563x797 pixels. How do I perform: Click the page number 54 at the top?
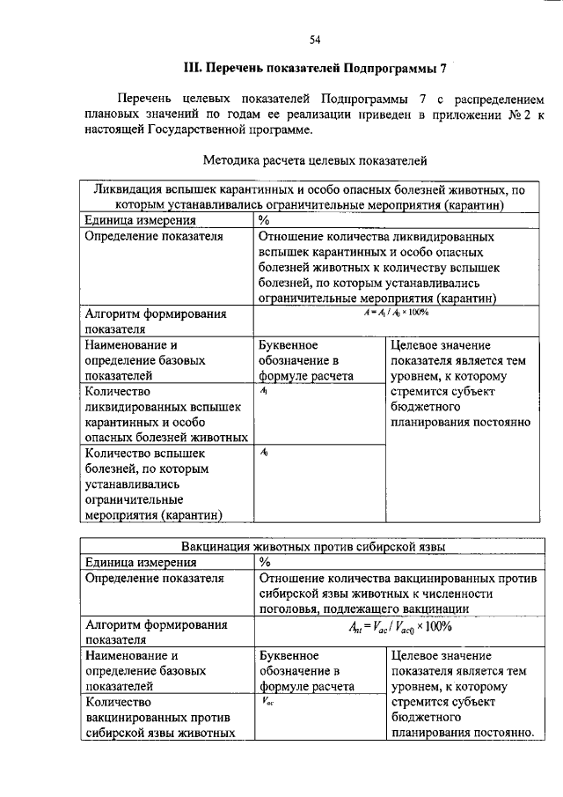[x=314, y=39]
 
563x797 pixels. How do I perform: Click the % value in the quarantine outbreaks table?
[x=264, y=220]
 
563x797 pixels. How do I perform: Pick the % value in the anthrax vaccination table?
[x=264, y=563]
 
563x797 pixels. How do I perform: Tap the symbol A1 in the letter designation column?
[x=265, y=392]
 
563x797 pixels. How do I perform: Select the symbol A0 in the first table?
[x=265, y=453]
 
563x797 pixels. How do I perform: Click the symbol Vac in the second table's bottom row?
[x=267, y=702]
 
